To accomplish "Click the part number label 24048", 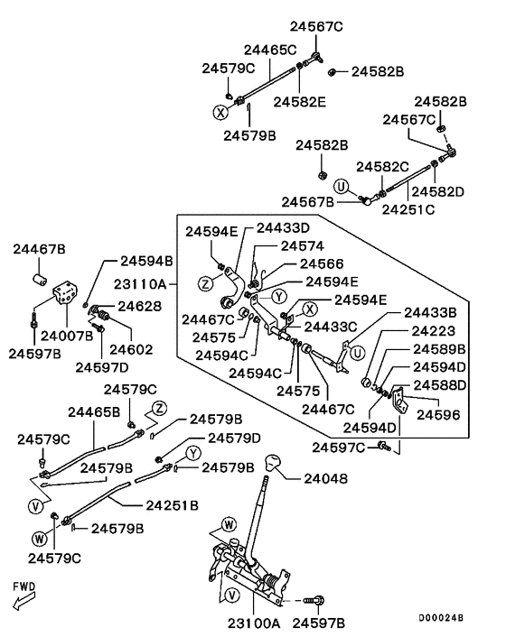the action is [x=326, y=478].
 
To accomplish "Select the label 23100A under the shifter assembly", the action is [x=254, y=623].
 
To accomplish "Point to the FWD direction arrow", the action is [x=24, y=601].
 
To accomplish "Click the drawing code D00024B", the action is [x=441, y=617].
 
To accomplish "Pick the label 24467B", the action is [x=39, y=249].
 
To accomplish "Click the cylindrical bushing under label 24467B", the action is [x=40, y=280].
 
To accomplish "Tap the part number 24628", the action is [x=139, y=306].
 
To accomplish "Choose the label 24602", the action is [x=131, y=349].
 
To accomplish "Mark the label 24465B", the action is [x=94, y=412].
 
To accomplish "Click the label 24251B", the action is [x=172, y=505].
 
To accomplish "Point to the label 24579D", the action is [x=234, y=438].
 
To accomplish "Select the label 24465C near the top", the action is [x=270, y=50].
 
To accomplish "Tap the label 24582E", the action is [x=300, y=102].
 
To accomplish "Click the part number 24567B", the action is [x=308, y=201].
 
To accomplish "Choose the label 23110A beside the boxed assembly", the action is [x=140, y=283].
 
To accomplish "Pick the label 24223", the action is [x=433, y=331].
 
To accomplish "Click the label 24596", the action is [x=438, y=414].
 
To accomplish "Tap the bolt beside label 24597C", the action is [x=384, y=446].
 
